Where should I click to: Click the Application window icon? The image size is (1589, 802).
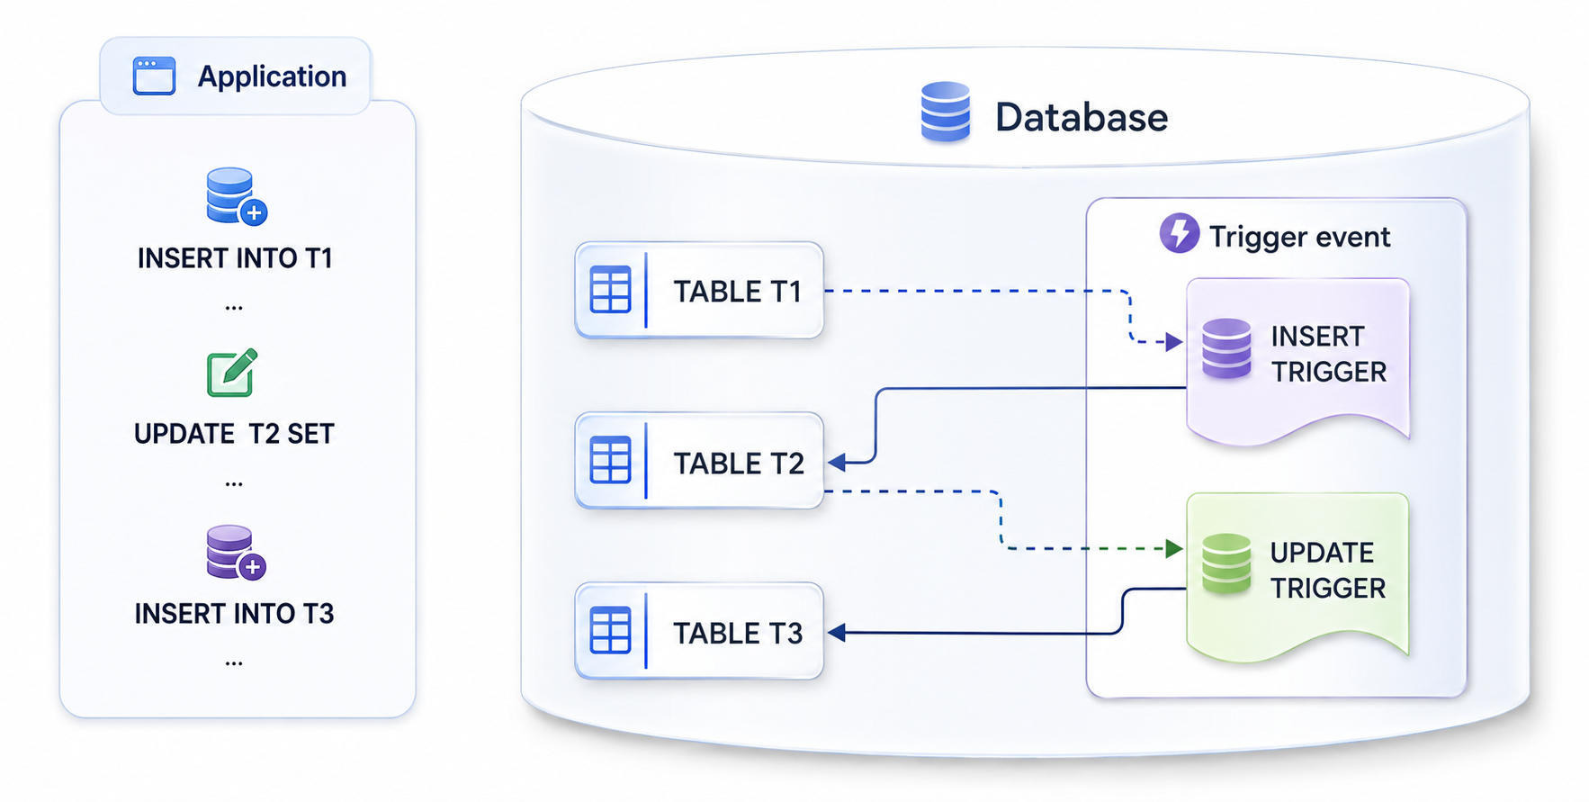click(x=154, y=76)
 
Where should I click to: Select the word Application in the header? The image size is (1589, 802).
click(x=272, y=77)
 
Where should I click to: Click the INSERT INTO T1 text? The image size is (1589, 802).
click(x=235, y=258)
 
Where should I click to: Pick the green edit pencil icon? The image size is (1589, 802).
click(x=233, y=373)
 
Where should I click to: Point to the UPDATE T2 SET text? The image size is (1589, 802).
click(x=234, y=434)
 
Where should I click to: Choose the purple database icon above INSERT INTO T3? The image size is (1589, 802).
click(x=236, y=553)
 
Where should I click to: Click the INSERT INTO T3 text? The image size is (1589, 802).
click(x=234, y=614)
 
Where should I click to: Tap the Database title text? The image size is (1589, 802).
click(x=1082, y=117)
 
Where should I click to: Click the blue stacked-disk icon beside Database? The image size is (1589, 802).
click(x=945, y=112)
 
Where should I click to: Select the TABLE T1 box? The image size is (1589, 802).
click(x=699, y=290)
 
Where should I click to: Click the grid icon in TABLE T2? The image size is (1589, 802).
click(x=610, y=460)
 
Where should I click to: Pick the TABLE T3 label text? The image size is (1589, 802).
click(x=738, y=634)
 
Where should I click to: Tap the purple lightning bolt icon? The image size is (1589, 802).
click(x=1179, y=233)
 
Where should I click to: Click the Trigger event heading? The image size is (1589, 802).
click(x=1299, y=237)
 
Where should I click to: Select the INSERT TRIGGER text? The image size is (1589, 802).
click(x=1328, y=354)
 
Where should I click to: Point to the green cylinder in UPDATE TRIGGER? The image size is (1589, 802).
click(x=1226, y=564)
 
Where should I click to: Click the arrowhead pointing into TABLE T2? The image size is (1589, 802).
click(x=837, y=463)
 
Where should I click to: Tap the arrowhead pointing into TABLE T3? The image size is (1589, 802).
click(x=837, y=633)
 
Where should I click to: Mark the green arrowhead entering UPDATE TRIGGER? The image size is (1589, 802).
click(x=1174, y=548)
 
